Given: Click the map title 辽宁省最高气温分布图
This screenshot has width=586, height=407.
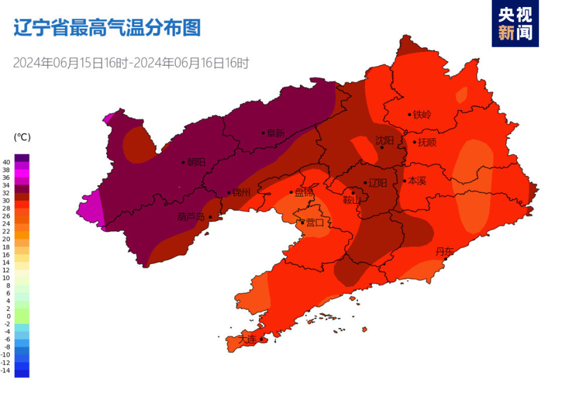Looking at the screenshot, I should tap(107, 28).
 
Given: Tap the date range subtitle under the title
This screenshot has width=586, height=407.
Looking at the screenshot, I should tap(131, 63).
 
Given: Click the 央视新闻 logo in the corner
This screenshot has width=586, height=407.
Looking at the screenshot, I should tap(515, 23).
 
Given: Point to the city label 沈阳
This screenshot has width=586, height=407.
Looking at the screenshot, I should tap(384, 140).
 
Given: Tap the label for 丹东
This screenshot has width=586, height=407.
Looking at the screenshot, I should tap(445, 252).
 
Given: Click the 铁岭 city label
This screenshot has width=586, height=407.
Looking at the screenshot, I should tap(422, 115).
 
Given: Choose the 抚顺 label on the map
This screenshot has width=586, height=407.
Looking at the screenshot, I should tap(428, 142).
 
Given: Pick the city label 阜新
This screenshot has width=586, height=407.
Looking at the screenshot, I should tap(275, 133).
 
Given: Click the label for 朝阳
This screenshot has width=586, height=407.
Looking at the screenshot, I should tap(196, 162).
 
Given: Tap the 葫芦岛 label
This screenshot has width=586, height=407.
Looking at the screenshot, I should tap(191, 217).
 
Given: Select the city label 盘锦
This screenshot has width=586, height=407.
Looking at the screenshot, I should tap(304, 192).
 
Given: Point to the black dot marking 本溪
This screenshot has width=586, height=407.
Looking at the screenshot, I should tap(404, 181).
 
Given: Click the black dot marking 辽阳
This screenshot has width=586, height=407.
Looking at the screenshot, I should tap(365, 183).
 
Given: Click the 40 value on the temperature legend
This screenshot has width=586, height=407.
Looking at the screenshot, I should tap(6, 162).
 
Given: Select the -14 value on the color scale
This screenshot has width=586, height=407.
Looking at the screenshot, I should tap(6, 370).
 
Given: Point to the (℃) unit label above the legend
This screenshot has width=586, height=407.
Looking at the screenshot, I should tap(22, 137).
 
